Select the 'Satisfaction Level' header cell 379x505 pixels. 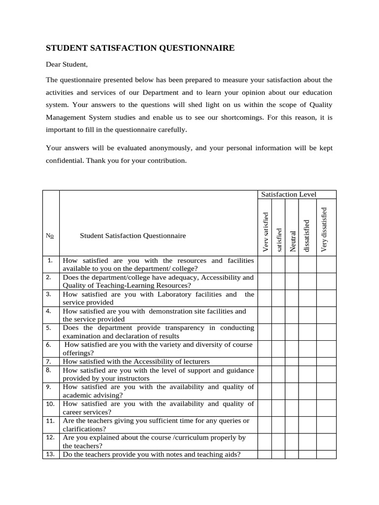289,195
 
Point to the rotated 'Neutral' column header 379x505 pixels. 293,242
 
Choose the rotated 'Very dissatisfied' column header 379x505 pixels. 324,229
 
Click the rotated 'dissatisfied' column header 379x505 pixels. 306,236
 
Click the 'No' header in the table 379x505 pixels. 51,236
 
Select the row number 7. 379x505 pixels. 49,361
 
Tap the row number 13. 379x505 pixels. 50,454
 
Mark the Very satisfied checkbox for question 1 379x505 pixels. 264,264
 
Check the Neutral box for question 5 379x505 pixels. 293,331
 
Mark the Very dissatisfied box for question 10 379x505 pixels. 326,407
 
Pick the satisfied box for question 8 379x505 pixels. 278,374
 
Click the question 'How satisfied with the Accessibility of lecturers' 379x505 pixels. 136,361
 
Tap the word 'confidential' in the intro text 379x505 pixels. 65,161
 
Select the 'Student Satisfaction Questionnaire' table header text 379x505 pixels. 133,236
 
